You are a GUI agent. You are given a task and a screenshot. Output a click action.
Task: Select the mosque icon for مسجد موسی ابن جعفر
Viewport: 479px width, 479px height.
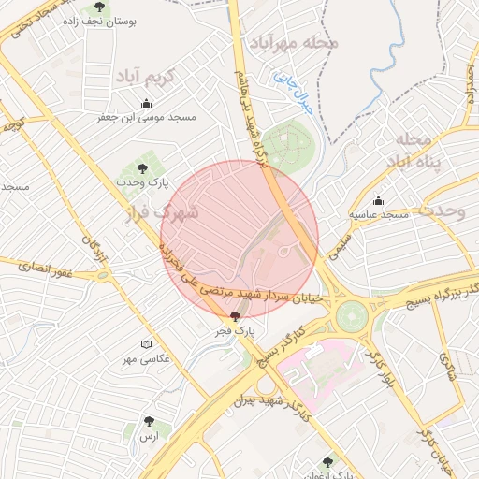pos(145,104)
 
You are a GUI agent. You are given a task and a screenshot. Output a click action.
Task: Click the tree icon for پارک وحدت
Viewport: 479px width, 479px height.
pos(142,168)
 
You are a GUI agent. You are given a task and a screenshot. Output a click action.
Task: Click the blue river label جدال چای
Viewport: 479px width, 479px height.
pos(293,94)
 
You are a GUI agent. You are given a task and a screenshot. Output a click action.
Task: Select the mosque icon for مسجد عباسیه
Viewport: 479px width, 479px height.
pos(378,200)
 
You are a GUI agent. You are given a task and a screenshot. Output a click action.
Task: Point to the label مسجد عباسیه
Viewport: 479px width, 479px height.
pos(381,215)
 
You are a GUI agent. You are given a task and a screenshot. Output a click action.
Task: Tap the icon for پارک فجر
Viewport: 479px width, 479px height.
pos(234,316)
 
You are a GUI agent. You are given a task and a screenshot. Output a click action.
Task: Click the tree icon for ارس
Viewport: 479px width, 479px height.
pos(150,422)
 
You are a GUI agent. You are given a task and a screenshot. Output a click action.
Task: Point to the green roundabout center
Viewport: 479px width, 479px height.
pos(353,315)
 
